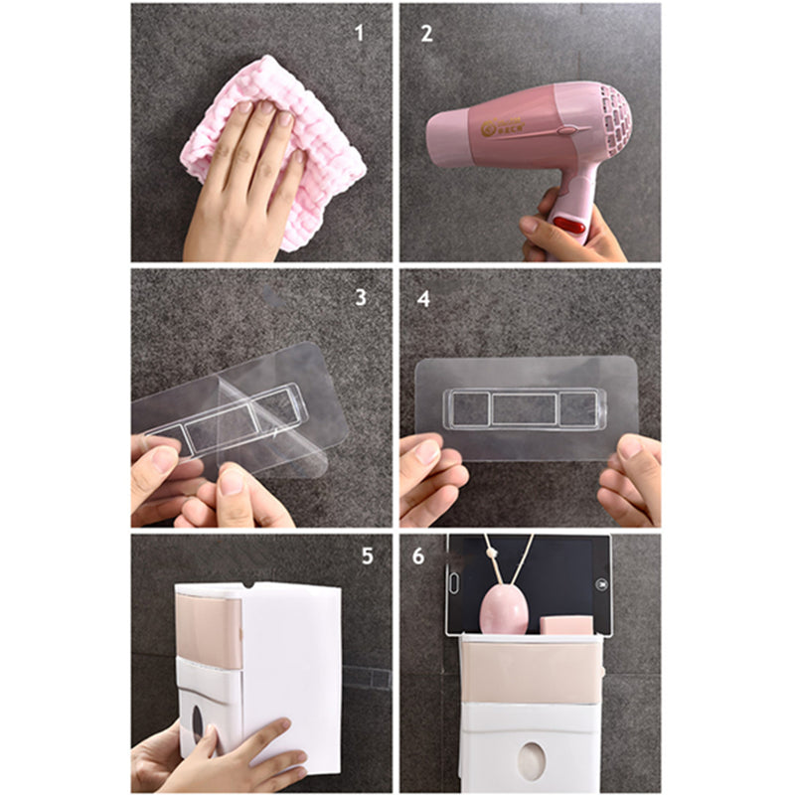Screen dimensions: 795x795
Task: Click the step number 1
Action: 360,32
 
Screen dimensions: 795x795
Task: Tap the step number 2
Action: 426,32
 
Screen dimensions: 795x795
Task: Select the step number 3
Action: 360,297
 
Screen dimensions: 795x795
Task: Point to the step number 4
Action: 423,298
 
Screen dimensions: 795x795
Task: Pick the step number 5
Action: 367,556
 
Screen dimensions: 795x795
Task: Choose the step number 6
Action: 418,556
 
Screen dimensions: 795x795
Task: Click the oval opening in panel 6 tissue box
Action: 535,758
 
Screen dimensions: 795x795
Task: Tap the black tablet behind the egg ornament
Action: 556,571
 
